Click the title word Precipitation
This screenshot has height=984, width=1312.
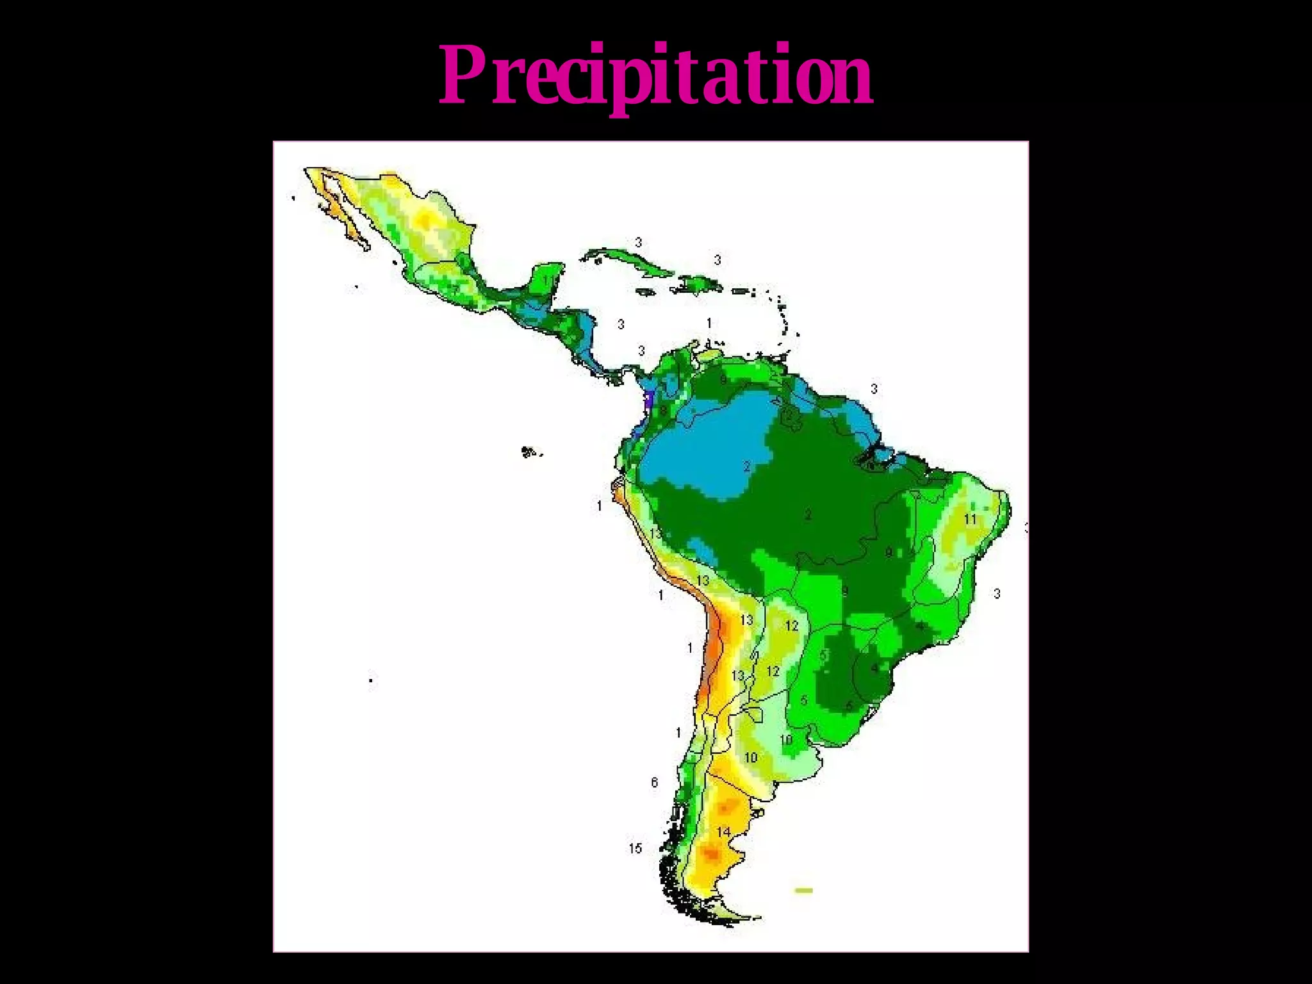pos(655,76)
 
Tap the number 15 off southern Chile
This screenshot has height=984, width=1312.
pos(635,848)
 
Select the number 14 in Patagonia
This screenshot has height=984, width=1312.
pos(723,832)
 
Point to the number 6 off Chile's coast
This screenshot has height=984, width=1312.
pos(654,782)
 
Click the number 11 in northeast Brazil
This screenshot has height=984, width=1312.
pos(971,518)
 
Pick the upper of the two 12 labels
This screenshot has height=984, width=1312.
pos(792,625)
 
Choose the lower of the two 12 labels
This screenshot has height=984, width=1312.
pos(773,671)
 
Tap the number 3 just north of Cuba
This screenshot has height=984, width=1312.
pos(638,242)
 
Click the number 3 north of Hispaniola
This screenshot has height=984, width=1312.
pos(717,259)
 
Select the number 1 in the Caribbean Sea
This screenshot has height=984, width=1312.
pos(709,323)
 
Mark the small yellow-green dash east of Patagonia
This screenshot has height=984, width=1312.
pos(803,890)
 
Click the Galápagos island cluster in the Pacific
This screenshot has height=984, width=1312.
pos(529,452)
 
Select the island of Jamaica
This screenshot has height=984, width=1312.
pos(644,291)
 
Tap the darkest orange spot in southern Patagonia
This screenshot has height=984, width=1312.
pos(711,853)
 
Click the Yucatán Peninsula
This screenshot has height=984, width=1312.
pos(548,279)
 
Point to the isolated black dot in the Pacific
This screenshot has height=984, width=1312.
pos(371,680)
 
